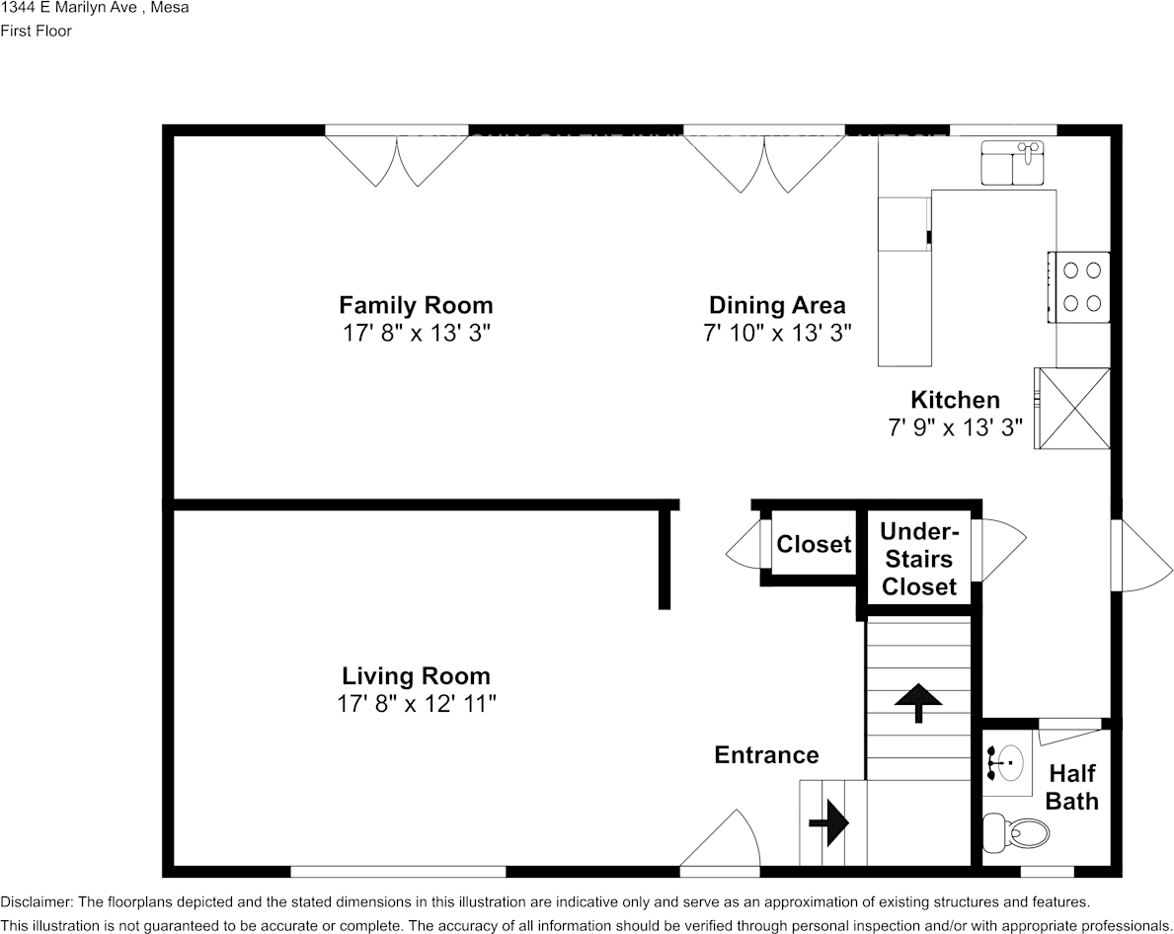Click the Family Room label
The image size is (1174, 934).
point(416,304)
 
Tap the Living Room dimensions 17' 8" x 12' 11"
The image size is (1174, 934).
point(416,704)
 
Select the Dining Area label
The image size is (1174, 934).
point(777,304)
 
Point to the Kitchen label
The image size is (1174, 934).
point(955,400)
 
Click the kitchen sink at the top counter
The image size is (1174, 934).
point(1012,163)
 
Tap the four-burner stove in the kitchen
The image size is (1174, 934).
point(1079,286)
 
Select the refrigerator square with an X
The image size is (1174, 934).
point(1072,408)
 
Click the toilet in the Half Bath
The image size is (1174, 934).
point(1018,832)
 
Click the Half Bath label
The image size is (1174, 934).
point(1071,786)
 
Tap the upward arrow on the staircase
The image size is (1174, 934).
point(917,701)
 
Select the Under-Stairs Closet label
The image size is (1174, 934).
point(919,559)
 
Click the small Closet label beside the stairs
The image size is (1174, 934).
point(813,544)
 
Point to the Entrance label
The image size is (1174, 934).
point(766,755)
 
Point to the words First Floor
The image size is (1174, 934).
point(37,31)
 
